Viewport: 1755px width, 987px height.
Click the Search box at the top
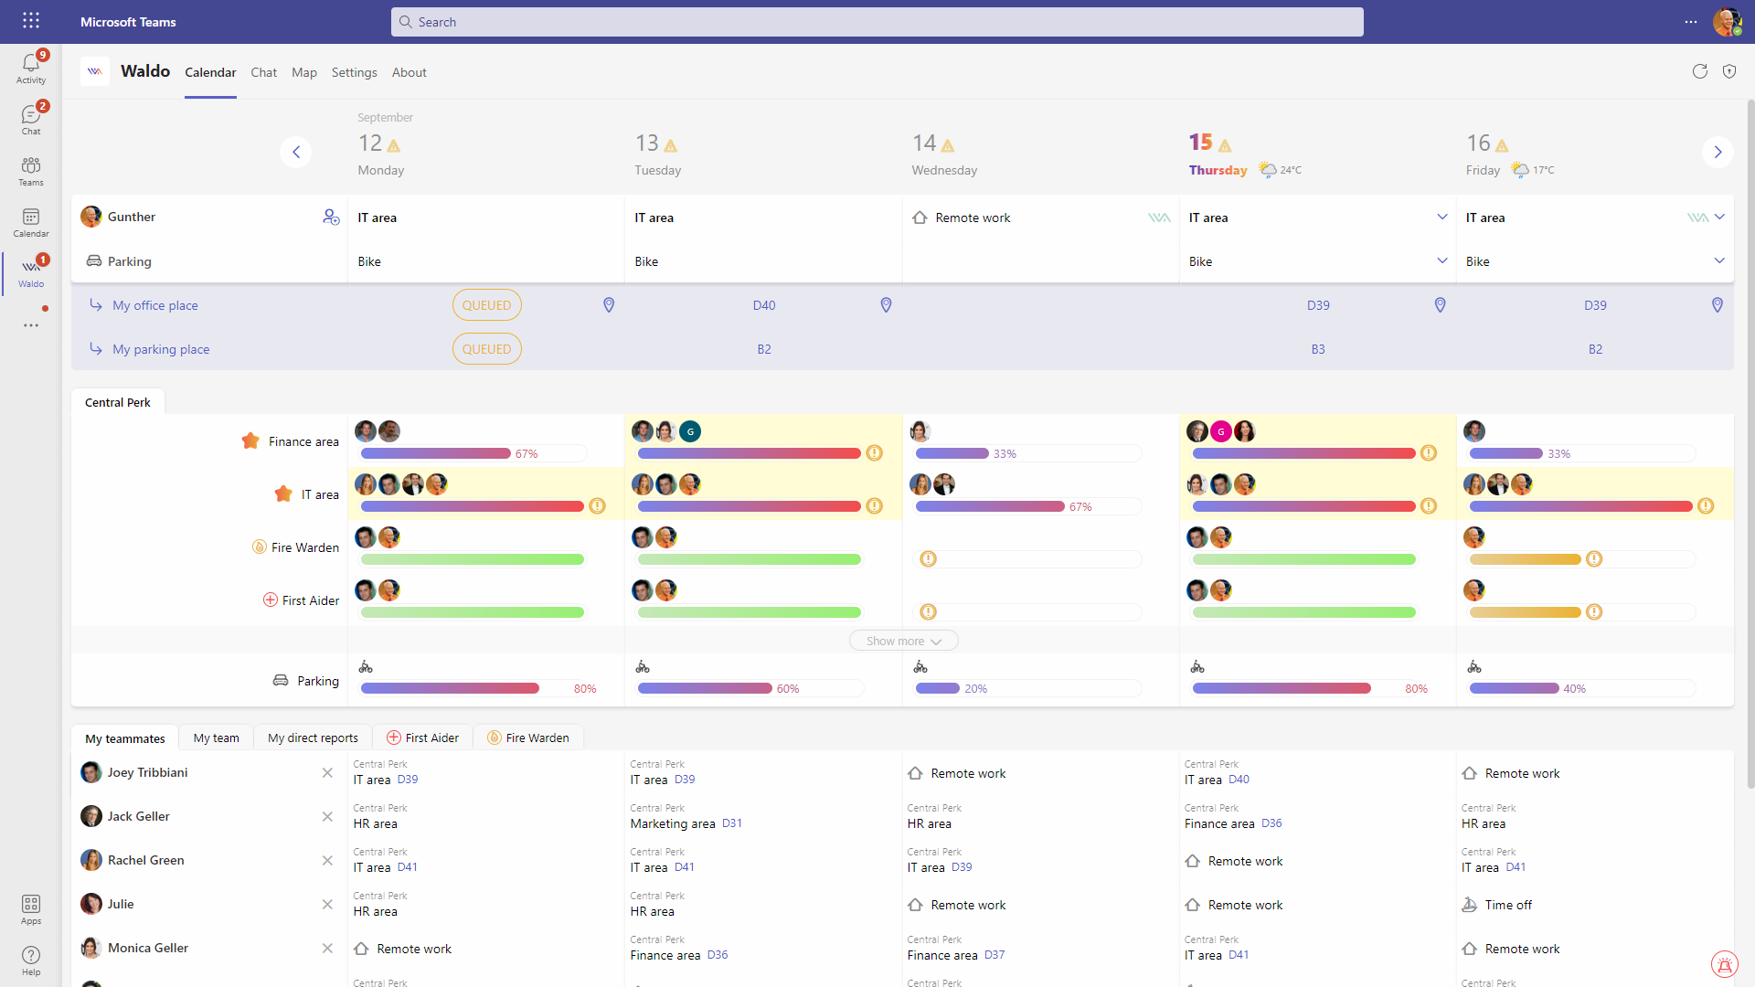pyautogui.click(x=876, y=22)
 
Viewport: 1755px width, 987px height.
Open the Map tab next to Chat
pyautogui.click(x=304, y=72)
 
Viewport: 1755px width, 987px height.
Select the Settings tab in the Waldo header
pyautogui.click(x=354, y=72)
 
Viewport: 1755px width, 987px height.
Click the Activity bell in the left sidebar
pyautogui.click(x=31, y=67)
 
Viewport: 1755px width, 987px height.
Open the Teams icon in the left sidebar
pyautogui.click(x=31, y=170)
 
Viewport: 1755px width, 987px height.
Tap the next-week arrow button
pyautogui.click(x=1718, y=152)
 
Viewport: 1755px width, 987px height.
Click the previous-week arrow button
pyautogui.click(x=295, y=152)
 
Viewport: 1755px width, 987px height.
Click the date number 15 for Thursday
pyautogui.click(x=1200, y=143)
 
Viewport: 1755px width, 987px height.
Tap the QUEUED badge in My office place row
pyautogui.click(x=486, y=305)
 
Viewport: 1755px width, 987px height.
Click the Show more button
pyautogui.click(x=903, y=641)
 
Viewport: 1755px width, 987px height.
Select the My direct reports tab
pyautogui.click(x=313, y=738)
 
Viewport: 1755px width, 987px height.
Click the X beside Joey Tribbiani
pyautogui.click(x=327, y=772)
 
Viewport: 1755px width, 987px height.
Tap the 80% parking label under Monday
pyautogui.click(x=585, y=689)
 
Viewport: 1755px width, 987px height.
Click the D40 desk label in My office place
pyautogui.click(x=764, y=305)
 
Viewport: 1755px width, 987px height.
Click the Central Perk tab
pyautogui.click(x=118, y=402)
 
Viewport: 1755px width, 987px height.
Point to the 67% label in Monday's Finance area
pyautogui.click(x=526, y=454)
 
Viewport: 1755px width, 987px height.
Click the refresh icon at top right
pyautogui.click(x=1699, y=71)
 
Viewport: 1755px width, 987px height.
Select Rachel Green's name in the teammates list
pyautogui.click(x=146, y=860)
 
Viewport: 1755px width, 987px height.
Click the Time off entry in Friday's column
pyautogui.click(x=1508, y=905)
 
